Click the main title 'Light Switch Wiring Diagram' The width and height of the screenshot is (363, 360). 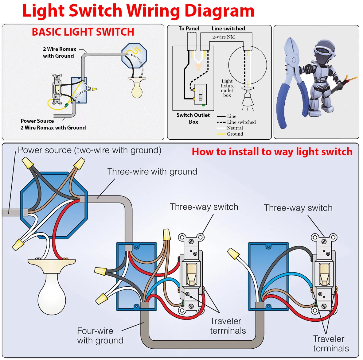tap(138, 11)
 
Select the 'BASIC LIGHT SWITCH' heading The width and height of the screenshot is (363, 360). tap(83, 32)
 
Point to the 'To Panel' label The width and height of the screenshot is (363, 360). tap(189, 29)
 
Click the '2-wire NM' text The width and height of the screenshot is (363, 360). tap(223, 37)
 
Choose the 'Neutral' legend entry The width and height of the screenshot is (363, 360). tap(235, 128)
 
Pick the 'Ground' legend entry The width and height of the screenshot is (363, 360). tap(235, 134)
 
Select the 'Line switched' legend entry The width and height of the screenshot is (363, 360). tap(241, 122)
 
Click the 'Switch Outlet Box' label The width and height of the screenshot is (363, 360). tap(193, 118)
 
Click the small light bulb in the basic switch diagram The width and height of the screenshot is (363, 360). tap(137, 90)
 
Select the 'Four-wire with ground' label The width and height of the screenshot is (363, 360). tap(100, 335)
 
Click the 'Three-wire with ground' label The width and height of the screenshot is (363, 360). tap(152, 172)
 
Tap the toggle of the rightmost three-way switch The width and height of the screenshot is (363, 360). tap(324, 273)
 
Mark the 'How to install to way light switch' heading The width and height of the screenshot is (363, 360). tap(272, 152)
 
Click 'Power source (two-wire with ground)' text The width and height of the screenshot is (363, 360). tap(89, 150)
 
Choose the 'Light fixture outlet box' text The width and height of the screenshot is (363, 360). tap(227, 88)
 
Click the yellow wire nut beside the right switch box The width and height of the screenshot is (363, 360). tap(233, 254)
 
